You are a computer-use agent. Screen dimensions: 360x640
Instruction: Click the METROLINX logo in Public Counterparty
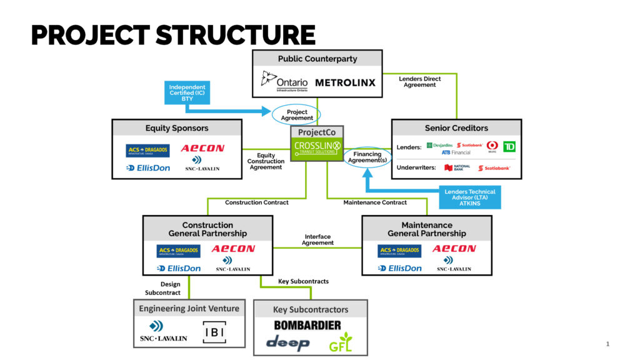coord(345,82)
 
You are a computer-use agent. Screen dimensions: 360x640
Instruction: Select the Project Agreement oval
coord(297,115)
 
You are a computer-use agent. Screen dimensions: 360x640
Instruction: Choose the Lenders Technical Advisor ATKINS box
coord(470,197)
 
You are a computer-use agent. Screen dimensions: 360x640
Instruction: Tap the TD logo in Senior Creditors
coord(509,146)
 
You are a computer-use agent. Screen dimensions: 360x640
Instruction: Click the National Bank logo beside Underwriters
coord(457,167)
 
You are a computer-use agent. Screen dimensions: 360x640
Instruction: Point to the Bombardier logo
coord(307,325)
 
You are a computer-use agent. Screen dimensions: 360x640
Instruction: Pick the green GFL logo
coord(341,342)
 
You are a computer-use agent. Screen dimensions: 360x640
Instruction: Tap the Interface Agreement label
coord(317,240)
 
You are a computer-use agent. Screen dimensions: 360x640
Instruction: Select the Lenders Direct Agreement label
coord(419,82)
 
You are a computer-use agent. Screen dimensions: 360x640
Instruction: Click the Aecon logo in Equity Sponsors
coord(202,148)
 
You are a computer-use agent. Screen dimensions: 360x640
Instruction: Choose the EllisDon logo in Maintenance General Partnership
coord(399,268)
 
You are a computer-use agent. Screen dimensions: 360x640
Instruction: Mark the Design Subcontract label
coord(164,288)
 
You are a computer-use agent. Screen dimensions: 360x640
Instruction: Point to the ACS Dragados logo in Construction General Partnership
coord(178,251)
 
